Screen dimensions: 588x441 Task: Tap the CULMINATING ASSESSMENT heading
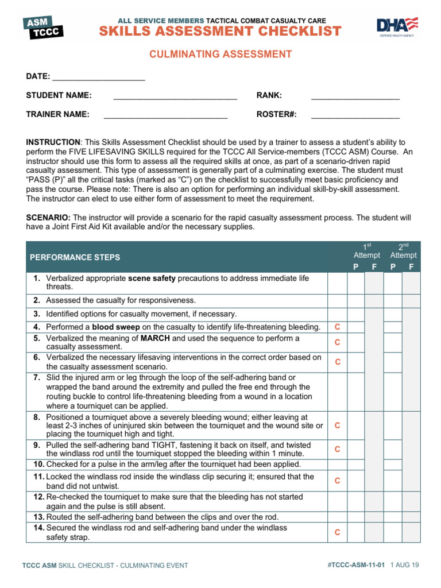point(220,55)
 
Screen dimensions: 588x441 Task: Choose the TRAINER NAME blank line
point(165,115)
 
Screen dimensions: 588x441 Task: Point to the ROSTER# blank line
point(355,115)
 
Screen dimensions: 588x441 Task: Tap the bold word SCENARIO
point(48,218)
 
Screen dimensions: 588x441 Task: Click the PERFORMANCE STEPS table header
point(75,257)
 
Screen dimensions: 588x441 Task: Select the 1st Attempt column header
point(366,251)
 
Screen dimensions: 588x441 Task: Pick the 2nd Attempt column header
point(403,251)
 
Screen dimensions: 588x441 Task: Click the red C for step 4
point(337,327)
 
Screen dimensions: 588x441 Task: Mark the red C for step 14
point(337,532)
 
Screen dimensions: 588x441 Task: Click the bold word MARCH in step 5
point(155,338)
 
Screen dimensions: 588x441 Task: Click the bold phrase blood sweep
point(114,327)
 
